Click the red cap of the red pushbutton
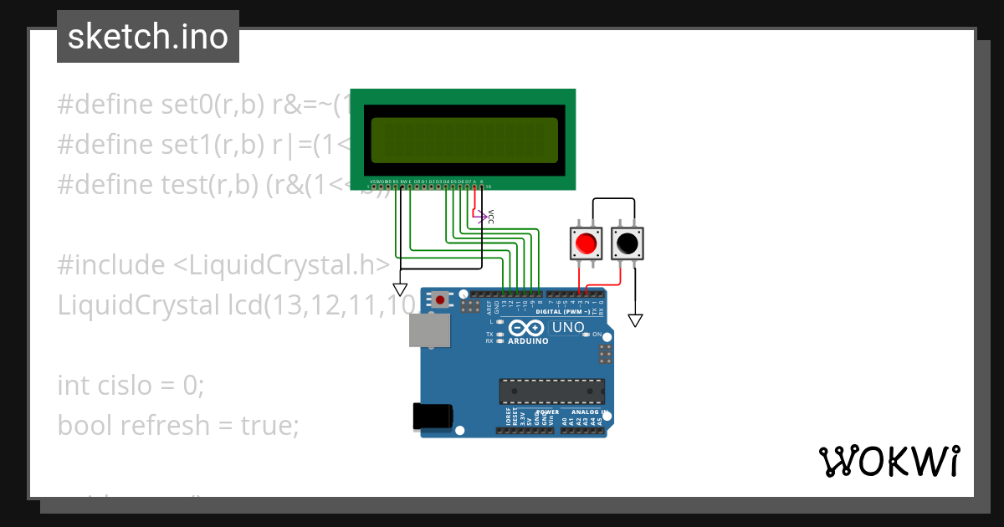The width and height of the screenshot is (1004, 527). (x=586, y=243)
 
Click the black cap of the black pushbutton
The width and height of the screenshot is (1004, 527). (x=627, y=243)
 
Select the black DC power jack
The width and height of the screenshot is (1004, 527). (x=434, y=417)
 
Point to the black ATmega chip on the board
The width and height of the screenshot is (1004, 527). (x=551, y=391)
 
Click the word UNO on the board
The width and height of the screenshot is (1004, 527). (x=568, y=327)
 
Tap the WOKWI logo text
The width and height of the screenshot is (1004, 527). (x=889, y=461)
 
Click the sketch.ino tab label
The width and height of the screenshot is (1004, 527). (x=148, y=37)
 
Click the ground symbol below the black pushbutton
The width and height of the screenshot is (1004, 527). (x=636, y=320)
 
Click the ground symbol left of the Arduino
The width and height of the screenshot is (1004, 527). (x=400, y=289)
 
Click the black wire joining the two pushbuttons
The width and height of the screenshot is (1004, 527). (x=613, y=199)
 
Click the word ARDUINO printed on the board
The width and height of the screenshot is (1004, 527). (x=527, y=341)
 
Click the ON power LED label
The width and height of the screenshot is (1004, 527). (x=597, y=335)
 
